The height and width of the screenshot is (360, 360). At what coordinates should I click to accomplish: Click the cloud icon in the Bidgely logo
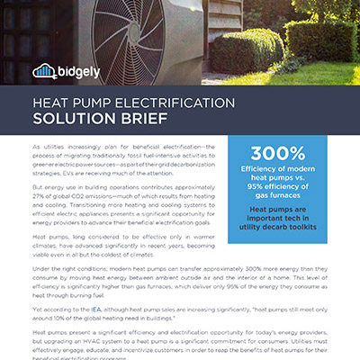click(x=42, y=71)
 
